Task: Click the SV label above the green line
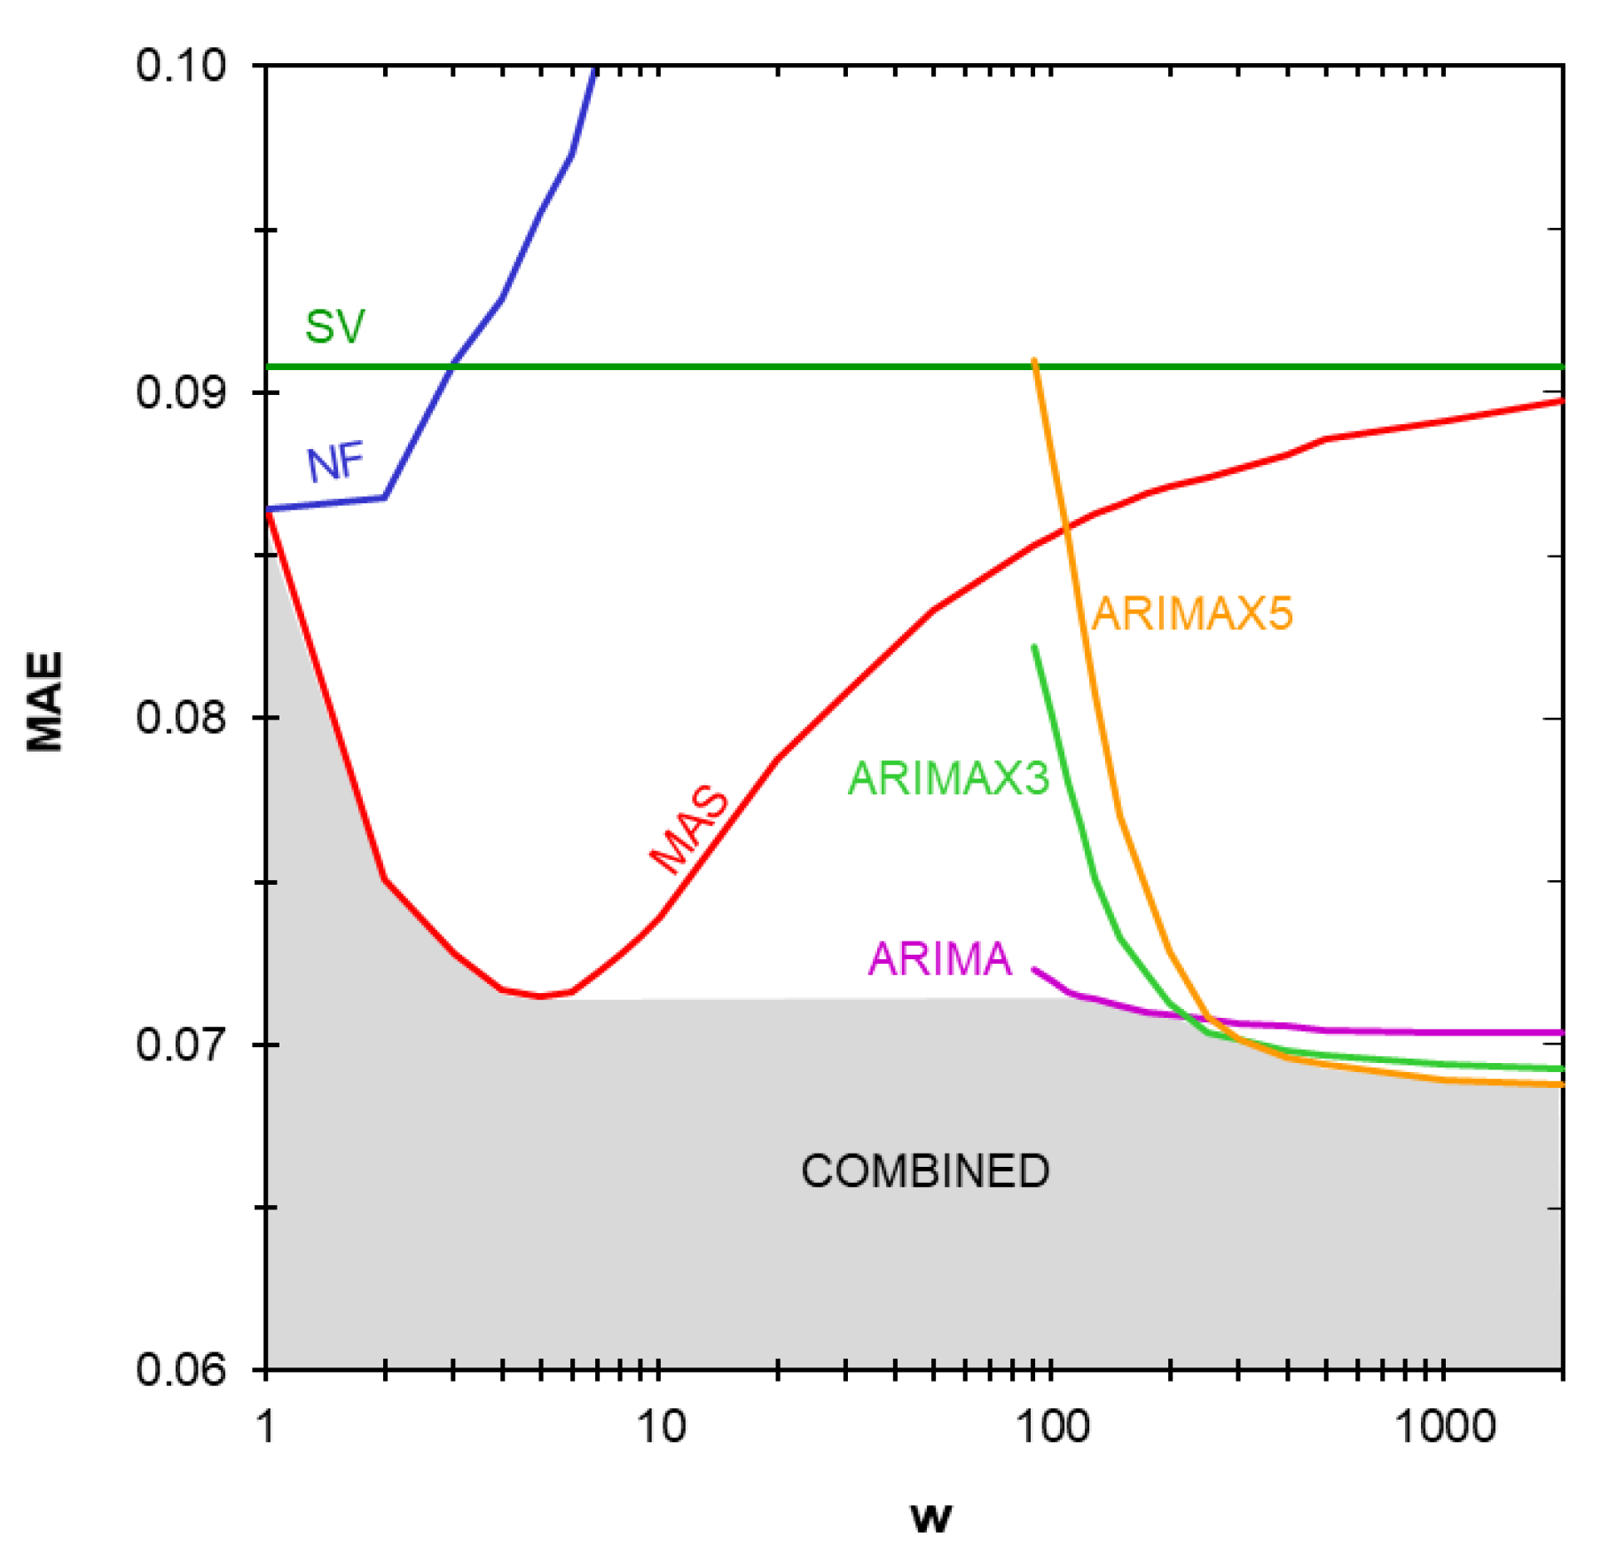pyautogui.click(x=334, y=327)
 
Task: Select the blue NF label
pyautogui.click(x=335, y=462)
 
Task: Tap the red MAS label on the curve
pyautogui.click(x=691, y=829)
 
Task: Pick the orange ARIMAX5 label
pyautogui.click(x=1191, y=613)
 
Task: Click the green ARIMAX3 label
pyautogui.click(x=948, y=778)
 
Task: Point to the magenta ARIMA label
pyautogui.click(x=939, y=958)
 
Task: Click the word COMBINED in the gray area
pyautogui.click(x=925, y=1170)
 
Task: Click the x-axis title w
pyautogui.click(x=930, y=1517)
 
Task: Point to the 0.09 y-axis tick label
pyautogui.click(x=181, y=392)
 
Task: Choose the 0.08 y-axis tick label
pyautogui.click(x=181, y=717)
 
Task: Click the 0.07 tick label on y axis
pyautogui.click(x=181, y=1044)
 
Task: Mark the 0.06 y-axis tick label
pyautogui.click(x=181, y=1369)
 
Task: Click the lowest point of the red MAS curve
pyautogui.click(x=541, y=997)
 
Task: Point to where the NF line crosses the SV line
pyautogui.click(x=453, y=366)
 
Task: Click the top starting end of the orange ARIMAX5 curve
pyautogui.click(x=1034, y=360)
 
